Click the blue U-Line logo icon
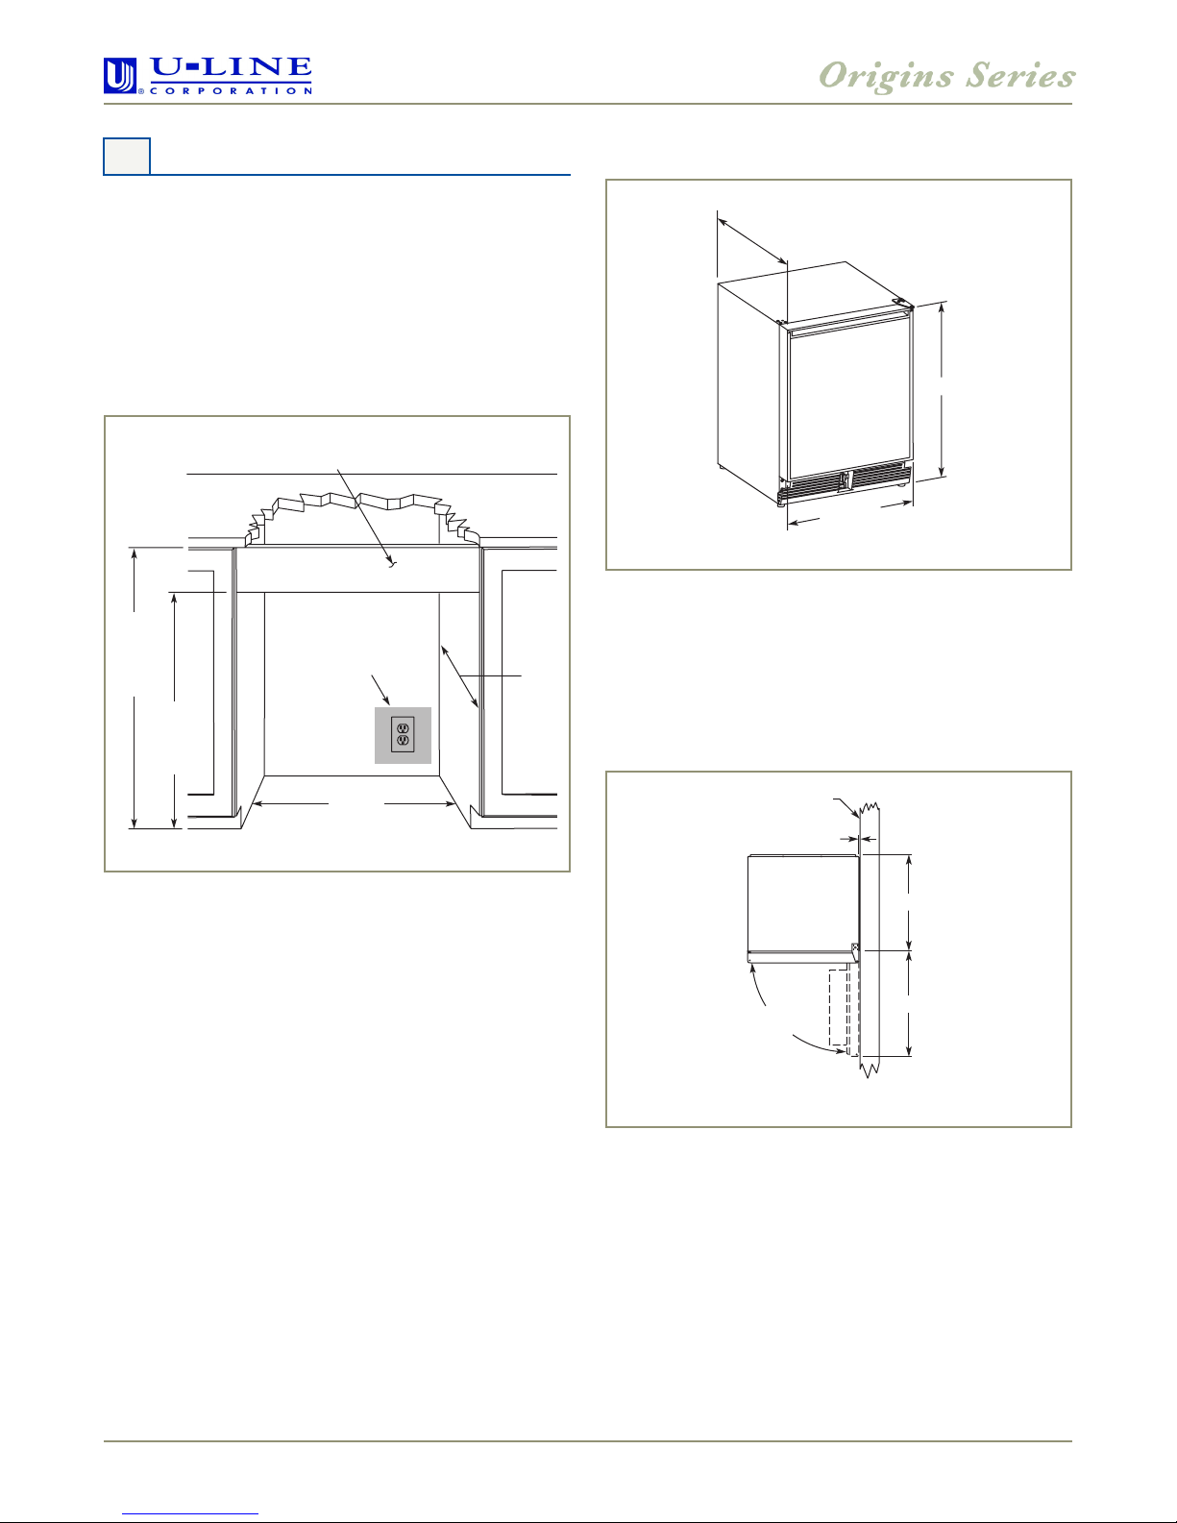coord(120,76)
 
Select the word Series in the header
coord(1020,75)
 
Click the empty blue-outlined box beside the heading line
coord(127,157)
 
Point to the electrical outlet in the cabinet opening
coord(403,734)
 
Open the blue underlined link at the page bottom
coord(190,1513)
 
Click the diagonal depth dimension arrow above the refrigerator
coord(752,241)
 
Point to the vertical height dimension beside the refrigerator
coord(942,390)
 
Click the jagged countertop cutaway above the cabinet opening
coord(361,519)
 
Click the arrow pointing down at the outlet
coord(380,690)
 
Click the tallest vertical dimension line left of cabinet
coord(135,688)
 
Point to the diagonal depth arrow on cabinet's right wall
coord(459,677)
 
